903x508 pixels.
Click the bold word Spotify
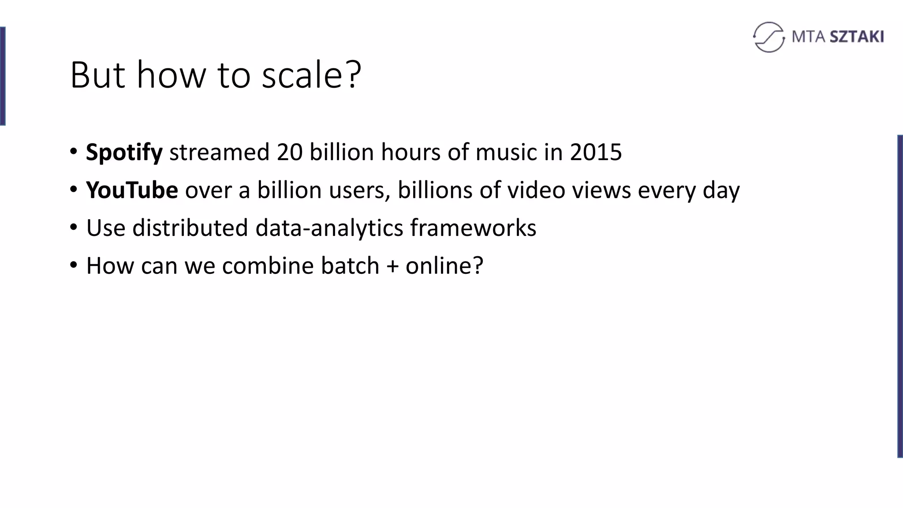[x=124, y=153]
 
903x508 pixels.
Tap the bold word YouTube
[x=132, y=190]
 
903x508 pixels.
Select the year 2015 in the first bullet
[x=596, y=152]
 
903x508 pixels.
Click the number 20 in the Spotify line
[x=290, y=152]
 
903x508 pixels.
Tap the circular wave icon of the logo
[x=769, y=37]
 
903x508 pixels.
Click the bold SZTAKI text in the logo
[x=857, y=37]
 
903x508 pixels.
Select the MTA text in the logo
[x=809, y=37]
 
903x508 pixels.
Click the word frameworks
[x=473, y=228]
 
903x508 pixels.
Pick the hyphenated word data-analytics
[x=329, y=228]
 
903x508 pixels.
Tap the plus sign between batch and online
[x=392, y=266]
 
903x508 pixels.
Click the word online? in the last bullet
[x=444, y=266]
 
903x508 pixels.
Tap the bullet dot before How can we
[x=74, y=265]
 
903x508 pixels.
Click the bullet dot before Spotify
[x=74, y=152]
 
